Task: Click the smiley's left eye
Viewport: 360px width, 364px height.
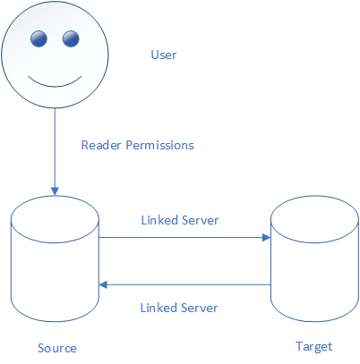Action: click(x=39, y=38)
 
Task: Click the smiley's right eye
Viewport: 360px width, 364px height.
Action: click(x=71, y=38)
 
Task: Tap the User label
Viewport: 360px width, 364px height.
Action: click(x=164, y=55)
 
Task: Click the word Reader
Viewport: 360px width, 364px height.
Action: click(x=101, y=145)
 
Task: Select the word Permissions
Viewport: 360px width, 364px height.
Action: click(x=159, y=145)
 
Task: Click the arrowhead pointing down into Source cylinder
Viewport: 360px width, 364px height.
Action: click(x=55, y=191)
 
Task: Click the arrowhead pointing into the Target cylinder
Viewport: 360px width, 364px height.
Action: click(x=266, y=238)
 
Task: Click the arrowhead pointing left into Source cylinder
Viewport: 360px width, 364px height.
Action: click(x=103, y=285)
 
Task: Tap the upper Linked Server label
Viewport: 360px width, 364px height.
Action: click(x=180, y=220)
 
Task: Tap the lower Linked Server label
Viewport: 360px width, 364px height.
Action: click(x=179, y=308)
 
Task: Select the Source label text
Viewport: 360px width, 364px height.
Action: click(x=57, y=348)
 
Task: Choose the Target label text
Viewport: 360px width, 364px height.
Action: click(x=314, y=347)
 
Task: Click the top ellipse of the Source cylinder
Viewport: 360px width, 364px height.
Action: click(x=55, y=242)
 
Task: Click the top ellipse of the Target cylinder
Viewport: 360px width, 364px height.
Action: click(x=314, y=242)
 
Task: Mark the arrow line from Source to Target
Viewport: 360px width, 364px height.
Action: click(x=184, y=238)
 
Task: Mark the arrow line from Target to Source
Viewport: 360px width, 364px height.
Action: click(x=184, y=285)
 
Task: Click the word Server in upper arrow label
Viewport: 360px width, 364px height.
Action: click(x=201, y=220)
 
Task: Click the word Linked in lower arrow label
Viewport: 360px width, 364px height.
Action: click(x=159, y=308)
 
